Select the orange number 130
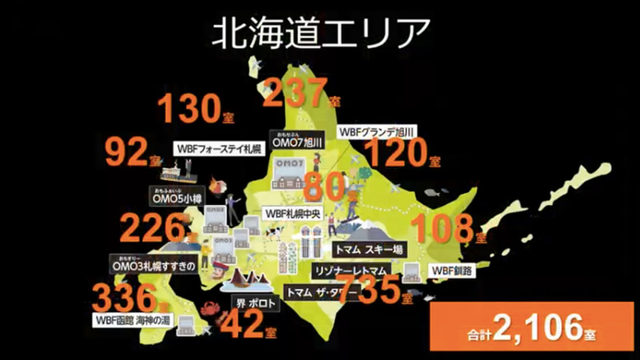[x=188, y=109]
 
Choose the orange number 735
[x=369, y=287]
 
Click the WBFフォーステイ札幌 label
[x=220, y=150]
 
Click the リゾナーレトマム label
[x=352, y=270]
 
